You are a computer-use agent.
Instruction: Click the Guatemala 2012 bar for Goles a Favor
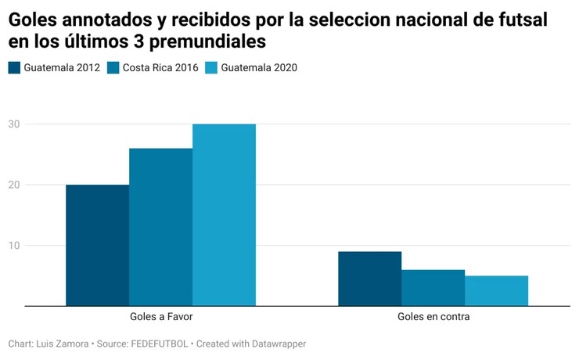(x=97, y=245)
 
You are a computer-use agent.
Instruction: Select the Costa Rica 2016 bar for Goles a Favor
(x=160, y=227)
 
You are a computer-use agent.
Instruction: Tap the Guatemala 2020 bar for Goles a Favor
(x=224, y=214)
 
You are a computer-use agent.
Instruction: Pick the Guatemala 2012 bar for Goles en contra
(x=369, y=279)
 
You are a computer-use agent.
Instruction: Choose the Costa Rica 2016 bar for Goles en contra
(x=433, y=287)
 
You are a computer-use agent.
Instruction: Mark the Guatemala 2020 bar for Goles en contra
(x=496, y=290)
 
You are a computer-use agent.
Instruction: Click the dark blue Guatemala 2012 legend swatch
(x=14, y=68)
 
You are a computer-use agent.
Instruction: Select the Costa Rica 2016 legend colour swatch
(x=113, y=68)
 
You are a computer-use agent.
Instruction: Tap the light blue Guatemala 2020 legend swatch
(x=211, y=68)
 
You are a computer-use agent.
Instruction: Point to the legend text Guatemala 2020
(x=259, y=68)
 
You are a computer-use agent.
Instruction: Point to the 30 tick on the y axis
(x=14, y=124)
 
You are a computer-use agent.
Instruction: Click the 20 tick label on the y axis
(x=14, y=185)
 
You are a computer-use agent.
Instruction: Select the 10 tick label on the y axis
(x=14, y=245)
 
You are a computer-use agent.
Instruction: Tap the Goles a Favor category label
(x=160, y=318)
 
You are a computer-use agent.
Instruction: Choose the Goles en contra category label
(x=433, y=318)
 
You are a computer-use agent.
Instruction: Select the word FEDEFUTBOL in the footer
(x=160, y=344)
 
